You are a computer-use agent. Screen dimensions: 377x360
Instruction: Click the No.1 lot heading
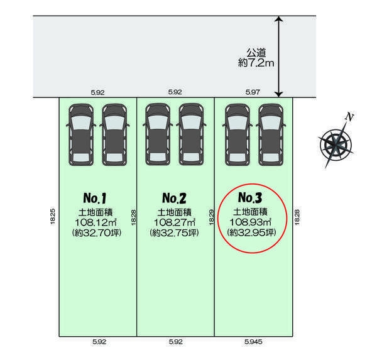pyautogui.click(x=95, y=198)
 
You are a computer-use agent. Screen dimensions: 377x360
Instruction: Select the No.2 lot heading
pyautogui.click(x=174, y=198)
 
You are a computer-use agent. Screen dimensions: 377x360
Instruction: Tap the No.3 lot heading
pyautogui.click(x=250, y=198)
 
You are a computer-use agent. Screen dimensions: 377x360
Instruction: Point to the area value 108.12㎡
pyautogui.click(x=96, y=222)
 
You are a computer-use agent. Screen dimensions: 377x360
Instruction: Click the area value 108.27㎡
pyautogui.click(x=174, y=222)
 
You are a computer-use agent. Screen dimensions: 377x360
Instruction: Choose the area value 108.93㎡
pyautogui.click(x=250, y=222)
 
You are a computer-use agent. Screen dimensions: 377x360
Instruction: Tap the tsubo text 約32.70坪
pyautogui.click(x=97, y=233)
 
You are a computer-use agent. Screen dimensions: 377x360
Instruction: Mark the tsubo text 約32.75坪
pyautogui.click(x=174, y=233)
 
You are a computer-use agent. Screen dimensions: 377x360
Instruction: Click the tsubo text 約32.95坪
pyautogui.click(x=251, y=232)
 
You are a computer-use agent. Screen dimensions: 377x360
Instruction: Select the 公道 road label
pyautogui.click(x=256, y=53)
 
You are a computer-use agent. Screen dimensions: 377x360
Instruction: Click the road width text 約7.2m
pyautogui.click(x=256, y=63)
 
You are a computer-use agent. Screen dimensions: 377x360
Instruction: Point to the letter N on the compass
pyautogui.click(x=349, y=117)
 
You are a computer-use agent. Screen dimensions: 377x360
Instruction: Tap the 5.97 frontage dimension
pyautogui.click(x=253, y=92)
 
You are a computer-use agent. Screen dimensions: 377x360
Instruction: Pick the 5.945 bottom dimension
pyautogui.click(x=253, y=342)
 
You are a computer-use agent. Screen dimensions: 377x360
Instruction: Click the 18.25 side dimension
pyautogui.click(x=53, y=216)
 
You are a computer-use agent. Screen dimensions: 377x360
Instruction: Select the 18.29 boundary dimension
pyautogui.click(x=211, y=217)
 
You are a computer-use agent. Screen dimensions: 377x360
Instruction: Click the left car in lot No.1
pyautogui.click(x=81, y=134)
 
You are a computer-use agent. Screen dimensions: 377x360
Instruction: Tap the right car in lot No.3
pyautogui.click(x=271, y=134)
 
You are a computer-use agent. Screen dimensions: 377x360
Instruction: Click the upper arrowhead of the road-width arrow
pyautogui.click(x=278, y=19)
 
